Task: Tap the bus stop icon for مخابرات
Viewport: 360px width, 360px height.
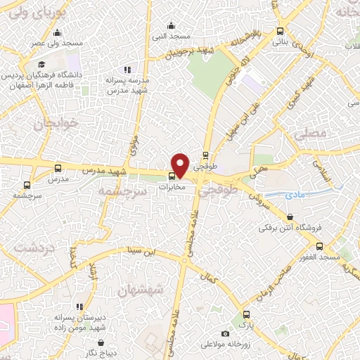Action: pos(173,176)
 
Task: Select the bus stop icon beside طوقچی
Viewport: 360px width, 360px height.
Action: pos(205,156)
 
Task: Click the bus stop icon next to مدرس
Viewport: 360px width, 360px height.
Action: pos(58,168)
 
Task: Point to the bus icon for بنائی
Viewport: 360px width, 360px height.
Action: pos(281,31)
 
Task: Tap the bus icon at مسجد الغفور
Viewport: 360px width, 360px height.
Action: pos(320,246)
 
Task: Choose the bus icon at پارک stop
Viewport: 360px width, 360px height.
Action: pos(245,314)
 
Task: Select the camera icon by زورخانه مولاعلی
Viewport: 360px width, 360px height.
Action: pos(224,333)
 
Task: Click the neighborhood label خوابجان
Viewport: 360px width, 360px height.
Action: pos(49,124)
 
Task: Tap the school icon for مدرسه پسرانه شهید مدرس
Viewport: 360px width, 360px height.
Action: pos(127,70)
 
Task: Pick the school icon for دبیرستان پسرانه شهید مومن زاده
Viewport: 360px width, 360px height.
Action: pos(79,307)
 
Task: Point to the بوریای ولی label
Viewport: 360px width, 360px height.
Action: pos(27,13)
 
